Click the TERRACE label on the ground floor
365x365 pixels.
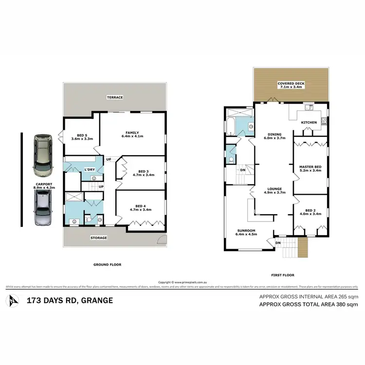[115, 97]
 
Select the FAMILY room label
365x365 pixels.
[132, 132]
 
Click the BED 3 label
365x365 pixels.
[143, 171]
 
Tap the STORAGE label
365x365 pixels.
[98, 238]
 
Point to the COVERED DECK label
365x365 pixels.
[291, 84]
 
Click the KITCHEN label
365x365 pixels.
[309, 122]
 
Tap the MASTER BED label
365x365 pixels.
[309, 167]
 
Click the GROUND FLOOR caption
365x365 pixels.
[108, 265]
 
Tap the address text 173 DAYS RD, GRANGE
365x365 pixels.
[69, 300]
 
